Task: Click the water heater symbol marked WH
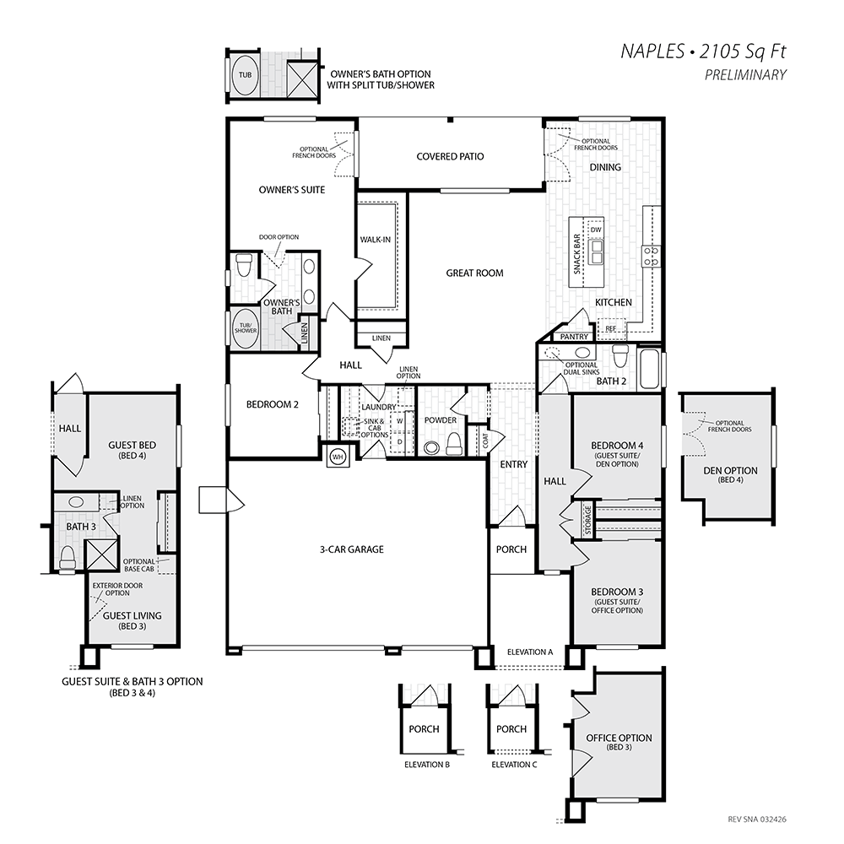click(x=338, y=457)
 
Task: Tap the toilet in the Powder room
click(x=455, y=443)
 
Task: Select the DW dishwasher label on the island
click(x=595, y=230)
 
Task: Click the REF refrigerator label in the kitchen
click(x=611, y=328)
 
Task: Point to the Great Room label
click(x=474, y=273)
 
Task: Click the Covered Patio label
click(x=450, y=157)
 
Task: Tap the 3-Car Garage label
click(x=352, y=549)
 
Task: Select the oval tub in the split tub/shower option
click(x=245, y=75)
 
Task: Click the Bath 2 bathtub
click(x=649, y=369)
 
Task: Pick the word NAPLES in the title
click(x=652, y=51)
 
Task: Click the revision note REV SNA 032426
click(x=757, y=820)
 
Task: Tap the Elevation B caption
click(x=427, y=765)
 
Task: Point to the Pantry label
click(x=574, y=337)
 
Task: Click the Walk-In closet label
click(x=376, y=240)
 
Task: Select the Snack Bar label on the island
click(x=577, y=253)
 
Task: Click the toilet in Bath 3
click(x=67, y=558)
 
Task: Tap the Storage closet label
click(x=587, y=520)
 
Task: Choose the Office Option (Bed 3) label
click(x=619, y=742)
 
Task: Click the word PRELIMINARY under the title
click(x=745, y=75)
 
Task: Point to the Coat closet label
click(x=485, y=441)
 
